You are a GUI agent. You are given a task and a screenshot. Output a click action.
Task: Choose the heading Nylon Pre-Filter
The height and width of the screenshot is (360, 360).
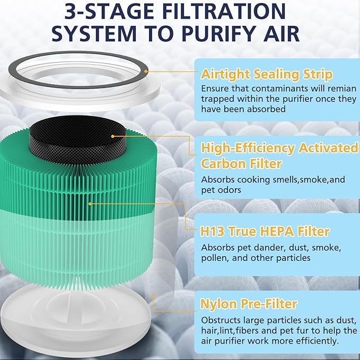tap(248, 304)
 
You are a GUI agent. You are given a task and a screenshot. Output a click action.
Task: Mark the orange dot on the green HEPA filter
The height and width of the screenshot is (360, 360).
tap(91, 203)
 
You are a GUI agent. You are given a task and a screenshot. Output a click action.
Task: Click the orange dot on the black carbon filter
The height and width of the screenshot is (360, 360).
tap(113, 136)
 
